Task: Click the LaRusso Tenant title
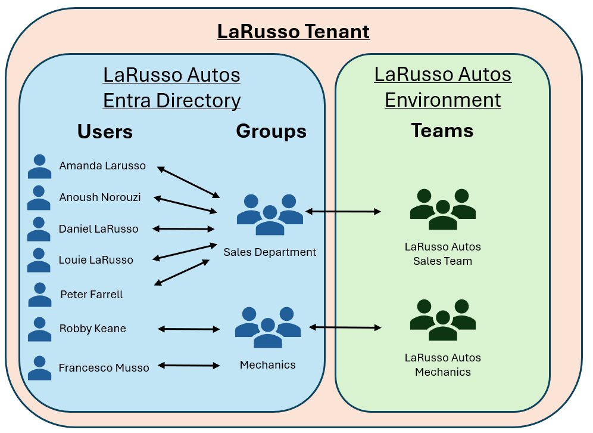pos(293,31)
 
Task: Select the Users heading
pos(105,132)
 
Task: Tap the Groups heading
pos(271,131)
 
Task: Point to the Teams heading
pos(442,131)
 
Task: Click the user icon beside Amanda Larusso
pos(40,166)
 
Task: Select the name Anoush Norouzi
pos(100,197)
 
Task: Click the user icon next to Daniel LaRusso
pos(39,229)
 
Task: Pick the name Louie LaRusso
pos(96,260)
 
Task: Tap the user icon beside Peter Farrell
pos(39,295)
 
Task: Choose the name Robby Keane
pos(93,329)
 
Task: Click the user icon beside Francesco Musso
pos(39,368)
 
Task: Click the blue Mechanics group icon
pos(268,327)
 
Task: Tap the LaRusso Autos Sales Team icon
pos(442,209)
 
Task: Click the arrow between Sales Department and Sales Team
pos(343,211)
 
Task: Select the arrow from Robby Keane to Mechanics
pos(189,329)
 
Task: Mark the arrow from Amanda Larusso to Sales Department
pos(188,182)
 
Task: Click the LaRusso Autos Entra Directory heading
pos(171,88)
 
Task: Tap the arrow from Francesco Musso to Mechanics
pos(189,365)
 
